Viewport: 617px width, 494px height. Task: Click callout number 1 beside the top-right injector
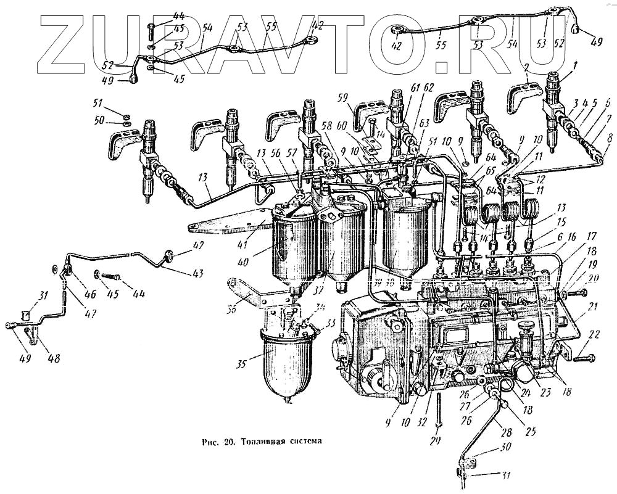[574, 64]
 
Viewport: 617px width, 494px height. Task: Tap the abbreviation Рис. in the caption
[212, 442]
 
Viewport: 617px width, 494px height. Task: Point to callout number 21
[593, 306]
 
